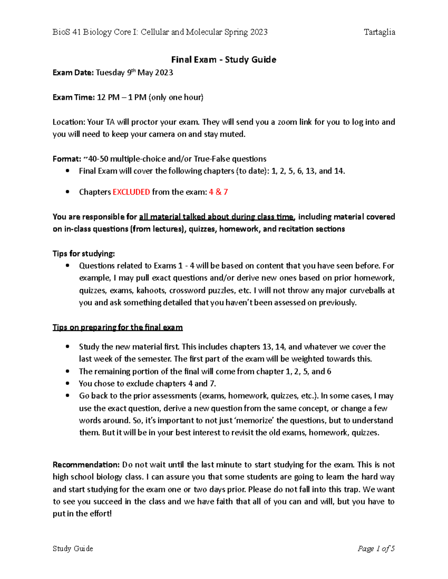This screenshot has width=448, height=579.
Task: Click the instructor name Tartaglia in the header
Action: click(x=379, y=32)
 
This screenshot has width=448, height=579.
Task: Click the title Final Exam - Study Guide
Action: click(x=223, y=60)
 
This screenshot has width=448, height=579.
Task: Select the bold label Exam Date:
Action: click(x=73, y=73)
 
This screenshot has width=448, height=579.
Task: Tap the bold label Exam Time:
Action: click(x=74, y=98)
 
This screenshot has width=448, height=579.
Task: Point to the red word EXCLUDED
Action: click(x=131, y=192)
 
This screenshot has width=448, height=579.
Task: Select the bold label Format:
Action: click(x=66, y=159)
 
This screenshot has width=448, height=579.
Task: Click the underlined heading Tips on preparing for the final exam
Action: click(x=118, y=327)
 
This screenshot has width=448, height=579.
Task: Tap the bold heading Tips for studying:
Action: click(x=84, y=254)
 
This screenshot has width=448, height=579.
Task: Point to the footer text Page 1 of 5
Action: click(x=376, y=548)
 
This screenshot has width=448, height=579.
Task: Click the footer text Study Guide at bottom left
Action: click(x=73, y=548)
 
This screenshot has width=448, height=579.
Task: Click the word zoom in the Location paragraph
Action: click(x=287, y=122)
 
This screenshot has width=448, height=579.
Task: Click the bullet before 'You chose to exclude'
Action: click(x=67, y=384)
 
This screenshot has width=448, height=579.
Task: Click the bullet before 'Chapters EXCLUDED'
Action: click(x=67, y=192)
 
